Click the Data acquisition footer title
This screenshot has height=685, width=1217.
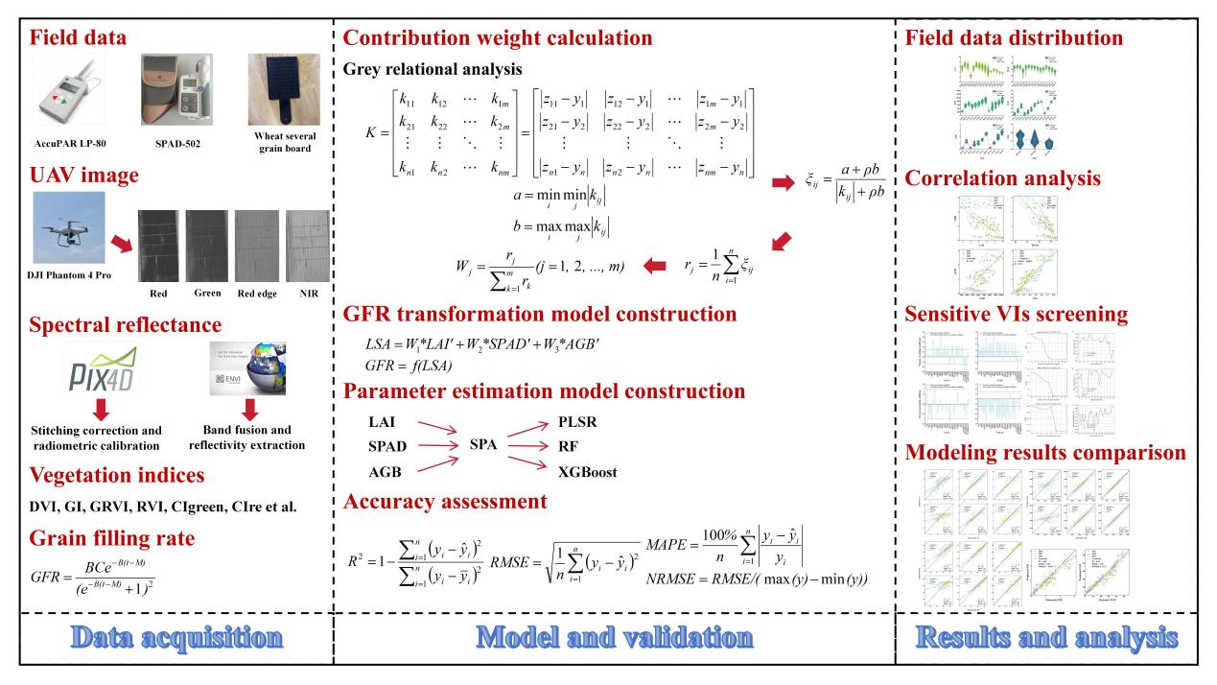pyautogui.click(x=166, y=636)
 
